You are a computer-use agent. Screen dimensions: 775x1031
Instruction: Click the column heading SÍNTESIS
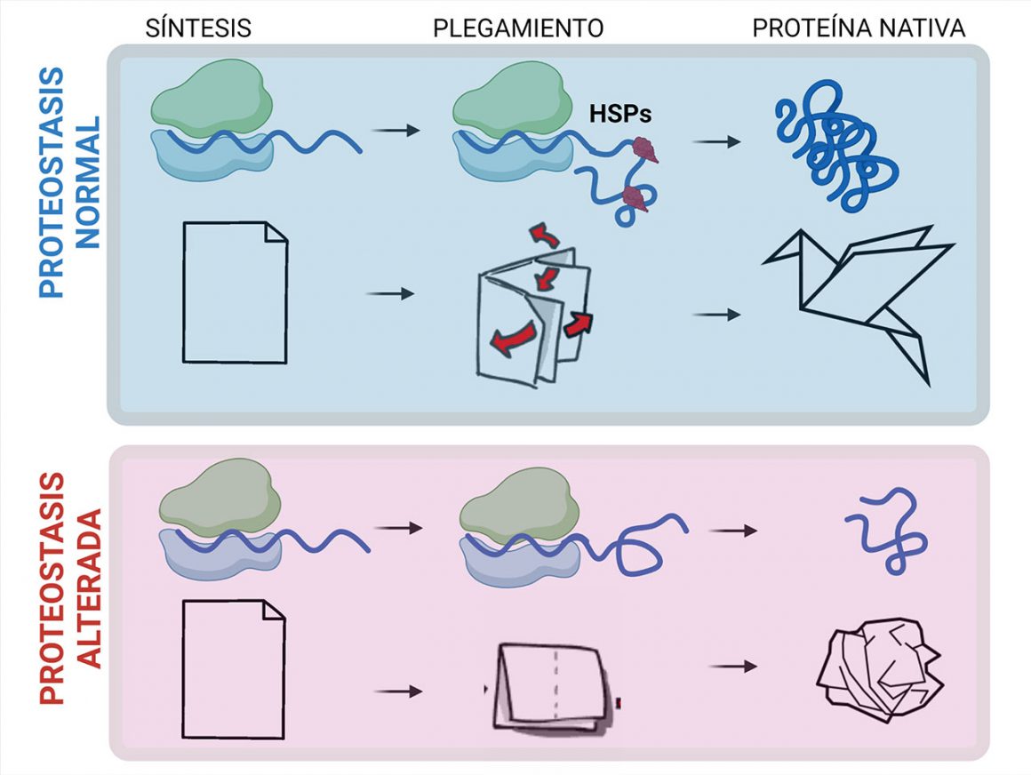(198, 28)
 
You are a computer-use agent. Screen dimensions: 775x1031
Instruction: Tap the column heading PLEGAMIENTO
(518, 28)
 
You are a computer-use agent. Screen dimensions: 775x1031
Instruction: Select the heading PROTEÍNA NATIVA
(859, 28)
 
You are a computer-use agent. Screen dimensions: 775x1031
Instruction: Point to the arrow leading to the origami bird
(715, 315)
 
